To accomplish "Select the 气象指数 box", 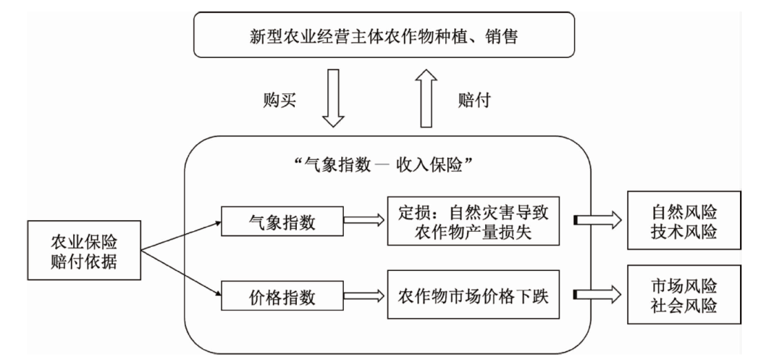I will (x=282, y=223).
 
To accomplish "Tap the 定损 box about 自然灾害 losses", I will (x=474, y=222).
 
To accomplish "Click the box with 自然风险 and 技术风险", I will (x=684, y=222).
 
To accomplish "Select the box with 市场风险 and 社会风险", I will (x=684, y=295).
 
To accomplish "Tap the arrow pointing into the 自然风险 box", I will (x=597, y=222).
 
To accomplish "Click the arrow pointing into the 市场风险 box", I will (x=597, y=296).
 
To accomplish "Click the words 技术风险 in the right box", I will (x=684, y=233).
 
